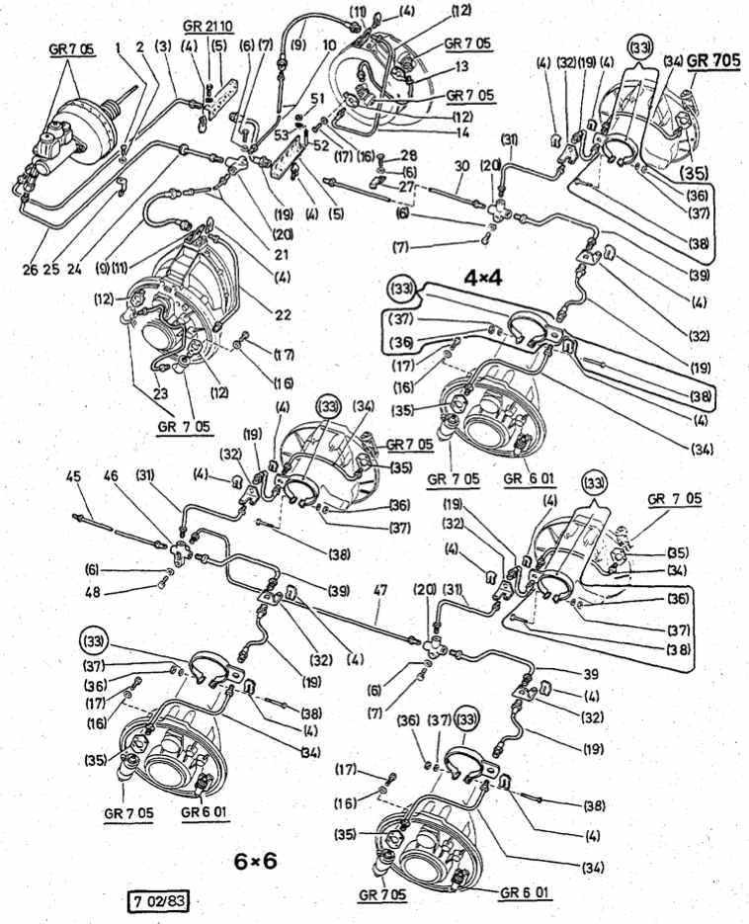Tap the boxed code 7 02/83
[158, 901]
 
